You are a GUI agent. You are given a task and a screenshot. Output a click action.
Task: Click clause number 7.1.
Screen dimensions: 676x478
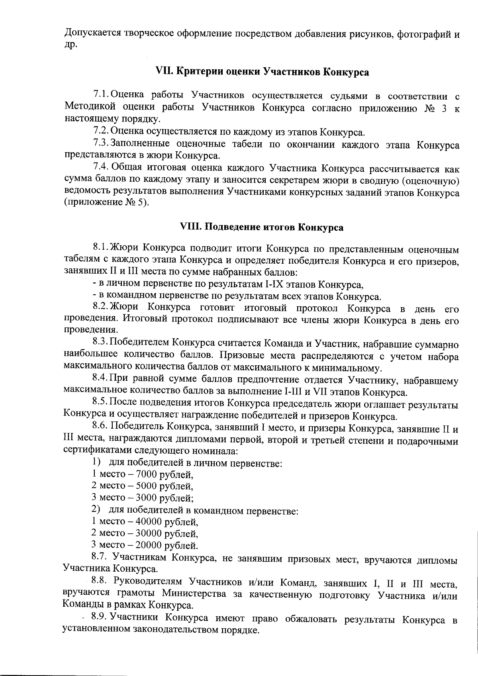pos(101,95)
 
